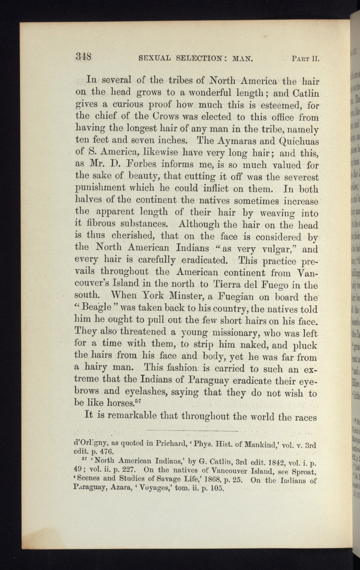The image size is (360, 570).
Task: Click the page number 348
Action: coord(84,57)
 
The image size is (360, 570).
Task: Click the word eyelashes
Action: coord(146,392)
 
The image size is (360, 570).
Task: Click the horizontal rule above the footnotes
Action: coord(192,431)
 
